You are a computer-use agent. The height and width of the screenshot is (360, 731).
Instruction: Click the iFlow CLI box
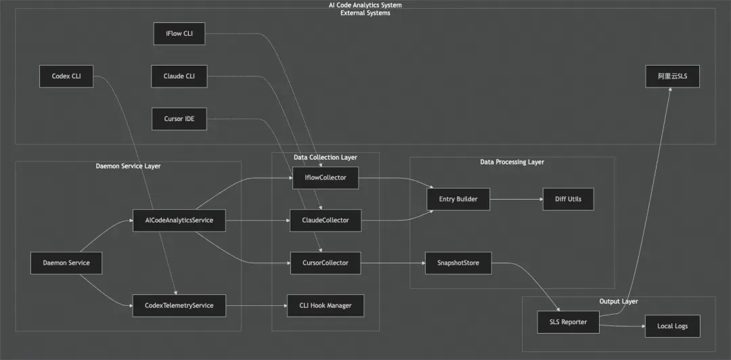coord(179,34)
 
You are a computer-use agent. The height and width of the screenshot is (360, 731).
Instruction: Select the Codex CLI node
coord(66,76)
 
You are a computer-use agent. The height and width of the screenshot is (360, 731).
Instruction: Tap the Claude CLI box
coord(179,76)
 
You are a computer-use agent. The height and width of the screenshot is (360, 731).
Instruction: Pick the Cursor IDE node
coord(179,119)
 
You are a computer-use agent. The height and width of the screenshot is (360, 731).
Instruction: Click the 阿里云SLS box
coord(672,76)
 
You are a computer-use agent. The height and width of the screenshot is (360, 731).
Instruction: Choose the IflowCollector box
coord(325,178)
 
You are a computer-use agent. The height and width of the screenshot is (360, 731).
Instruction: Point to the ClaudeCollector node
coord(325,220)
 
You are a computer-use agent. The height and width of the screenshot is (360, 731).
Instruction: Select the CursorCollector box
coord(325,263)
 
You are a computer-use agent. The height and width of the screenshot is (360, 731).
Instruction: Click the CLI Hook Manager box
coord(325,305)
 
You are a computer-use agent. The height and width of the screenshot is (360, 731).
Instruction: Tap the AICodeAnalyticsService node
coord(179,220)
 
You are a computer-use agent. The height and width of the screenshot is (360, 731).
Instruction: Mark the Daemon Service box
coord(66,263)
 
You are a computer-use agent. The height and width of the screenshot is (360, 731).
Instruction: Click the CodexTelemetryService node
coord(179,305)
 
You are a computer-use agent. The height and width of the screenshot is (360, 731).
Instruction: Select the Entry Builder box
coord(458,199)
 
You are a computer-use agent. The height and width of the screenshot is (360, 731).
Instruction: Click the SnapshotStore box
coord(458,263)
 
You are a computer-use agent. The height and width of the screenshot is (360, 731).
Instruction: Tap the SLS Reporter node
coord(568,322)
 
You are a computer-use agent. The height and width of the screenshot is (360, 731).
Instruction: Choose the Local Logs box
coord(672,326)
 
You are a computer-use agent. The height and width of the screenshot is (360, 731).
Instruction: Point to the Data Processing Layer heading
coord(512,162)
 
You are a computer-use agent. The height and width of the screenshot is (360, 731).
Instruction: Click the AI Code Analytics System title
coord(365,5)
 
